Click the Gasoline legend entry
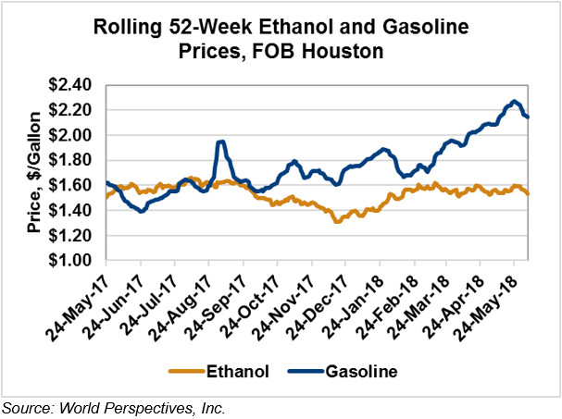click(x=360, y=372)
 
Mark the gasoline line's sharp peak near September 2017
click(x=220, y=142)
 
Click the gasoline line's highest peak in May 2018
click(x=515, y=101)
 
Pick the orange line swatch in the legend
click(x=186, y=372)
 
